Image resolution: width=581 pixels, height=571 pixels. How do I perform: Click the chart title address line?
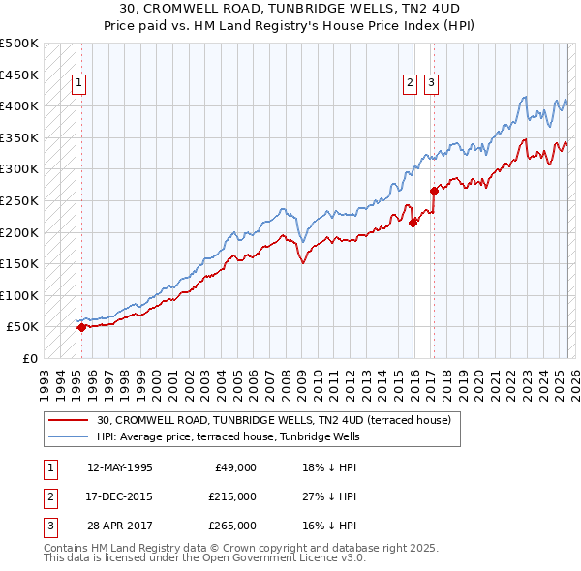click(290, 9)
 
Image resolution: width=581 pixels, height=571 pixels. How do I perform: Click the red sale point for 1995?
click(81, 327)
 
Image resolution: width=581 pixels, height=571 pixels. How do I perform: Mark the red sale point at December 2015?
click(413, 223)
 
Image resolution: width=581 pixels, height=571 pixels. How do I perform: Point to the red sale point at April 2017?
click(434, 191)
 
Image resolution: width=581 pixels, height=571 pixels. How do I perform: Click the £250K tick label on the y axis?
click(19, 200)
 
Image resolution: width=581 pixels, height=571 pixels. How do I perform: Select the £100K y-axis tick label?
click(19, 295)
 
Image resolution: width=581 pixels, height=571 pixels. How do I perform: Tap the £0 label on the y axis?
click(29, 358)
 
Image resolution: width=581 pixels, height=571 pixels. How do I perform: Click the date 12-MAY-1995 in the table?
click(119, 467)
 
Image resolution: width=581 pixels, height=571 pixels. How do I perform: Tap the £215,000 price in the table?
click(232, 496)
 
